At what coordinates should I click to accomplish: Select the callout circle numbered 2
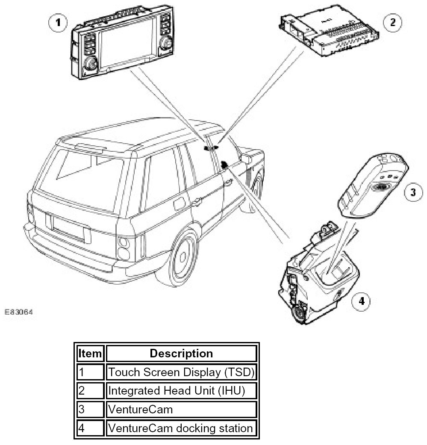click(392, 22)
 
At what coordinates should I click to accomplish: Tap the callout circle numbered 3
click(413, 192)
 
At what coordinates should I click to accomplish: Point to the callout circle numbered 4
click(361, 301)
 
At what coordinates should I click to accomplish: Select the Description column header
click(181, 354)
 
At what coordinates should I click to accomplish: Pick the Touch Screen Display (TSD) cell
click(181, 372)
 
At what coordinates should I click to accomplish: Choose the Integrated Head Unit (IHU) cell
click(181, 390)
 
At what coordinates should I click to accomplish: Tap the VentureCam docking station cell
click(181, 427)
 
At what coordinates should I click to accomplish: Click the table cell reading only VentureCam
click(181, 409)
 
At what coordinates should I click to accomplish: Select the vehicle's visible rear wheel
click(184, 257)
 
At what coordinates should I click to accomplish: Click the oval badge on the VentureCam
click(380, 186)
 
